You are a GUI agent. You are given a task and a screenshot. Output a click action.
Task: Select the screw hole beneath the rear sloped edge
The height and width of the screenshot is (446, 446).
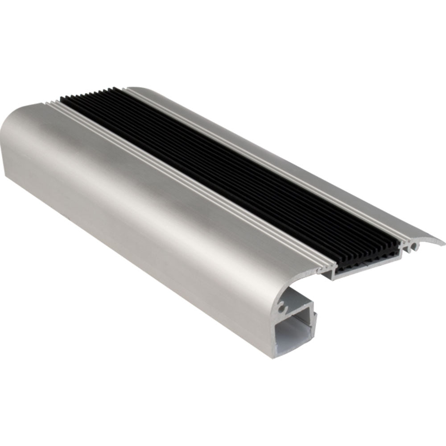point(413,245)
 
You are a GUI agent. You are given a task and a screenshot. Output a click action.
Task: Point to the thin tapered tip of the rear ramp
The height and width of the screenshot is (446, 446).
point(442,243)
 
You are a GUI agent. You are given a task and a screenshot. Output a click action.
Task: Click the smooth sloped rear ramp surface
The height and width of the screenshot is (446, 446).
point(312,169)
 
